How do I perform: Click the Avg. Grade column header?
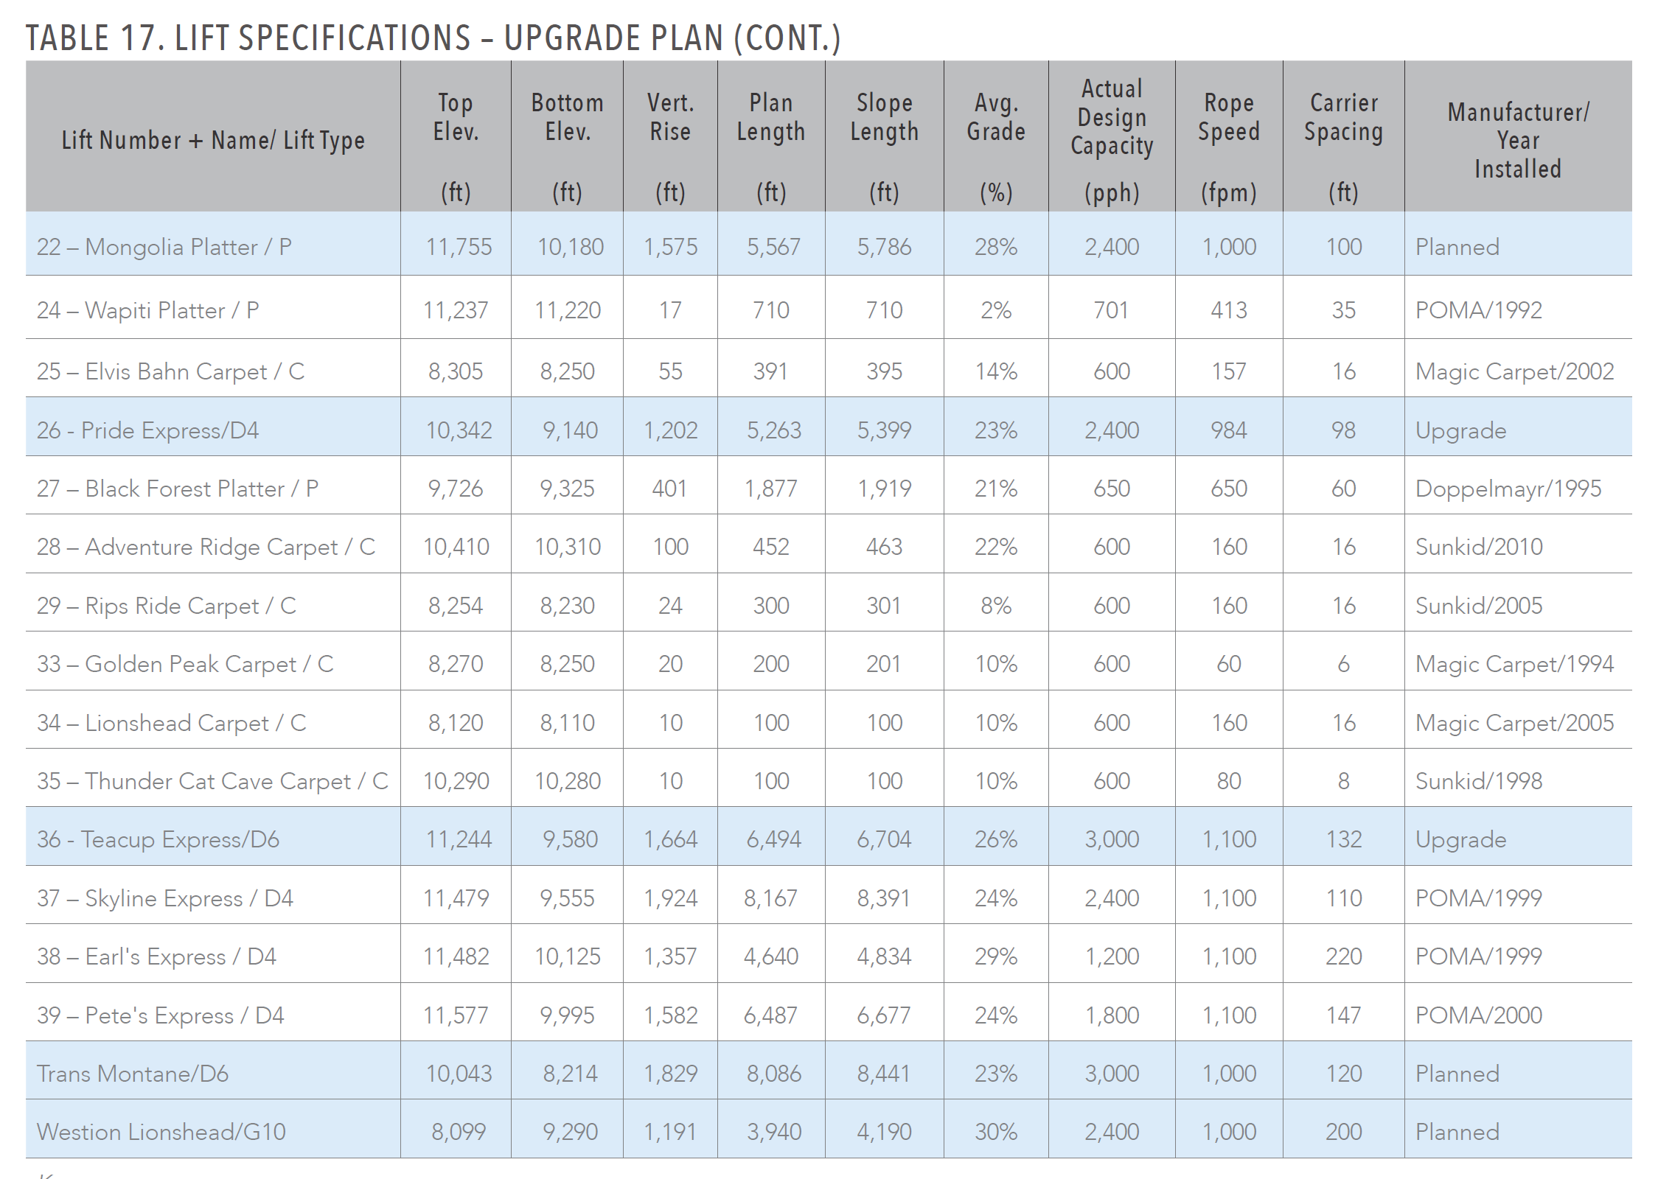pyautogui.click(x=995, y=117)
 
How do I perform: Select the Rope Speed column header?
pyautogui.click(x=1228, y=117)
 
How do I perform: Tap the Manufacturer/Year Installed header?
pyautogui.click(x=1518, y=140)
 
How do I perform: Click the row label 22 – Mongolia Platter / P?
pyautogui.click(x=164, y=247)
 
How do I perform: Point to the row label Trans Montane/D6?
pyautogui.click(x=133, y=1074)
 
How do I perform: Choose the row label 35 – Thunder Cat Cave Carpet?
pyautogui.click(x=212, y=781)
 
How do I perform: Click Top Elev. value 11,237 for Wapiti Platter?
pyautogui.click(x=456, y=310)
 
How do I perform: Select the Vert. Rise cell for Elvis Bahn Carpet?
pyautogui.click(x=670, y=371)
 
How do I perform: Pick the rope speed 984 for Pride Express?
pyautogui.click(x=1228, y=430)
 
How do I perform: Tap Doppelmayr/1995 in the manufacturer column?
pyautogui.click(x=1508, y=489)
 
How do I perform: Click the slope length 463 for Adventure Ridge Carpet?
pyautogui.click(x=884, y=547)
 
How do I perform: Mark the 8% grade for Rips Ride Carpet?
pyautogui.click(x=995, y=606)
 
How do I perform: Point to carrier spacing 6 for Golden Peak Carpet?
pyautogui.click(x=1343, y=664)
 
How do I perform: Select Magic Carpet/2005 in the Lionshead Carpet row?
pyautogui.click(x=1514, y=723)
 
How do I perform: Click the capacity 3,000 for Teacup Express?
pyautogui.click(x=1112, y=839)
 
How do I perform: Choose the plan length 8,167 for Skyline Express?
pyautogui.click(x=770, y=898)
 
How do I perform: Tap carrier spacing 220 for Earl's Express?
pyautogui.click(x=1343, y=956)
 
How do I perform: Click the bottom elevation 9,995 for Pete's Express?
pyautogui.click(x=567, y=1015)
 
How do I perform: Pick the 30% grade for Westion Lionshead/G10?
pyautogui.click(x=995, y=1132)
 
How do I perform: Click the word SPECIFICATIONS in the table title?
pyautogui.click(x=323, y=38)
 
